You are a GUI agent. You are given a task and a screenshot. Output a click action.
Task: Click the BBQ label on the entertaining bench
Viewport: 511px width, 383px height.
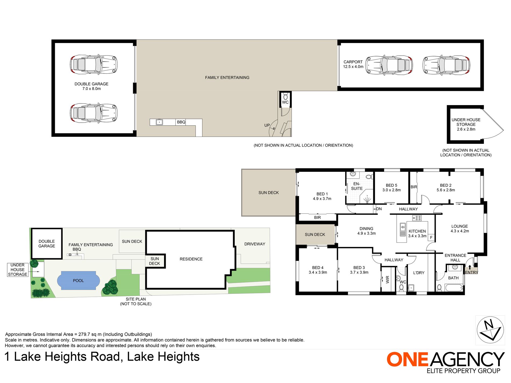[181, 122]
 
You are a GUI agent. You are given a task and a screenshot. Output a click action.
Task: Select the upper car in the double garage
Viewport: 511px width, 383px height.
[94, 65]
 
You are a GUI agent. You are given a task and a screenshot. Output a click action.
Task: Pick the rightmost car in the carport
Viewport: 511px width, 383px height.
[446, 65]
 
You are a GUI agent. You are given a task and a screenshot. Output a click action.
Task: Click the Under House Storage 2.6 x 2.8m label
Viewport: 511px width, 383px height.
[466, 124]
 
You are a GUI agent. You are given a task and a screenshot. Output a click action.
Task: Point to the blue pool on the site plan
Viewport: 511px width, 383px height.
[78, 281]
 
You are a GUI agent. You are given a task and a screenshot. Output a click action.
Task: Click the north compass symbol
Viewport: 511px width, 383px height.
[490, 330]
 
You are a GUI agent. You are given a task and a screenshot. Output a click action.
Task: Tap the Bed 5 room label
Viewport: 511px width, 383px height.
[392, 188]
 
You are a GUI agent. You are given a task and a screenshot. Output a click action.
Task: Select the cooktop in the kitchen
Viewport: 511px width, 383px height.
[417, 218]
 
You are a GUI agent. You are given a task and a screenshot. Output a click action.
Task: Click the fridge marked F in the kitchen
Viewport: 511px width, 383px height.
[431, 237]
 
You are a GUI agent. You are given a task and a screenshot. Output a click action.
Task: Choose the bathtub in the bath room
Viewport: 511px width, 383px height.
[454, 288]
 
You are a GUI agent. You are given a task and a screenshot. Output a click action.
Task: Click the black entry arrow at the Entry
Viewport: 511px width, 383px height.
[470, 267]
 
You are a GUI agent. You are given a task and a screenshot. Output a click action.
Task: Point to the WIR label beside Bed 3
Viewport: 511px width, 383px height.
[388, 280]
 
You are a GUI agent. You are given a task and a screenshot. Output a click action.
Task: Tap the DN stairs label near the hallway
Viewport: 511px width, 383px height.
[379, 209]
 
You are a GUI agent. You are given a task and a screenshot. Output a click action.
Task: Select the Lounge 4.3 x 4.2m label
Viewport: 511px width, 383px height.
[460, 229]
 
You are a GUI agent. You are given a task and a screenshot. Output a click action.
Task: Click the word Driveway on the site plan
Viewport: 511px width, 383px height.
[255, 244]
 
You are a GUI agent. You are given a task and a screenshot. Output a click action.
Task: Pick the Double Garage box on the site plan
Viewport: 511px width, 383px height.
[47, 244]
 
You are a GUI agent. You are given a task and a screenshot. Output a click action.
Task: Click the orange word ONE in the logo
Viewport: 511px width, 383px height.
[407, 359]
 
